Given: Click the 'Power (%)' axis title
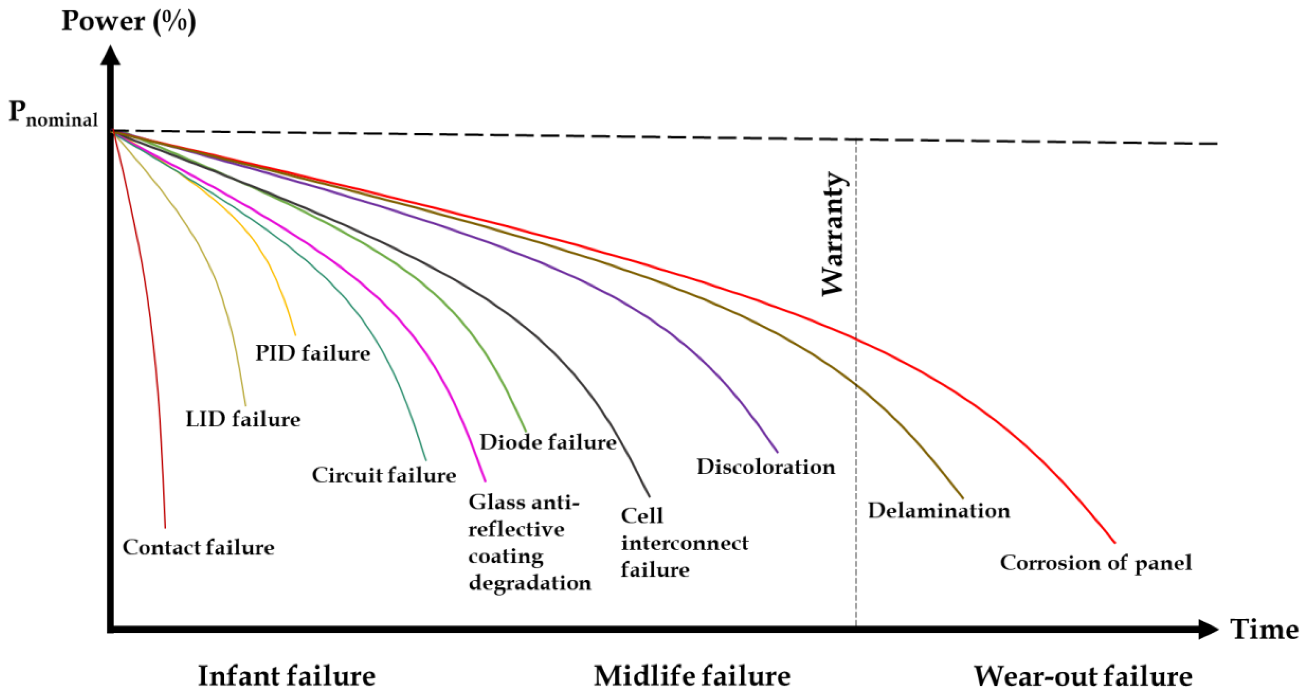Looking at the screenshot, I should [x=128, y=21].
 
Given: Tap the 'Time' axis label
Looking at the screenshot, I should [x=1264, y=630].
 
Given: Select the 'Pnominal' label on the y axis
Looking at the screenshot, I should [x=53, y=114].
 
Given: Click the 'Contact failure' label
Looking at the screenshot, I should [x=198, y=547].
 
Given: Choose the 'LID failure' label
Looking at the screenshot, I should [x=243, y=419].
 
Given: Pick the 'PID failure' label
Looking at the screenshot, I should [x=312, y=353].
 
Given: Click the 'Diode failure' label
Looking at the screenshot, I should [x=548, y=442].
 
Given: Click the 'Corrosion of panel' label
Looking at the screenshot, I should [x=1095, y=563].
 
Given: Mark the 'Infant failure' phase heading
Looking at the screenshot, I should [x=286, y=676].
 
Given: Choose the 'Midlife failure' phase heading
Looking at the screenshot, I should [x=692, y=676].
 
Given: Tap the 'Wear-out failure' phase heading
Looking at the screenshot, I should [x=1083, y=676].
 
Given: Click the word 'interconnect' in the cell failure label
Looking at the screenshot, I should [x=684, y=543].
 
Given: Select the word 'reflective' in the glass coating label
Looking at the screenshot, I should [x=516, y=529].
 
